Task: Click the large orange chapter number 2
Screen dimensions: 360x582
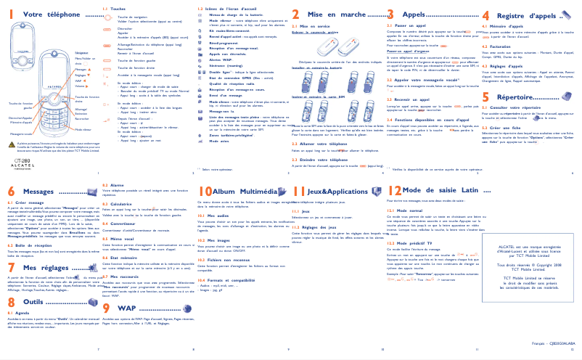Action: click(x=295, y=15)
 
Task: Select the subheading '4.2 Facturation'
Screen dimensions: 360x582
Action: click(x=500, y=45)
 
